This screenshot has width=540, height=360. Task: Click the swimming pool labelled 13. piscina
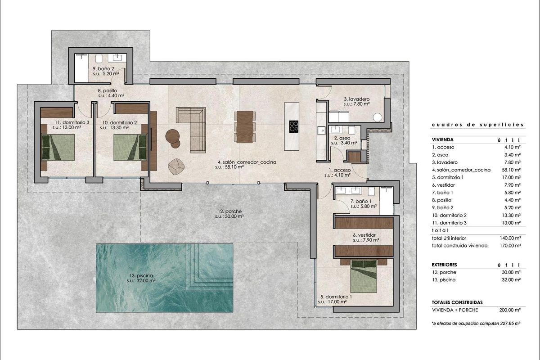164,278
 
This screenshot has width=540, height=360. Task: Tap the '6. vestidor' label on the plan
364,234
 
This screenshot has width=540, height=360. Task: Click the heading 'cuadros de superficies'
477,124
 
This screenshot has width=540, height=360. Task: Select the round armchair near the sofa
176,166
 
